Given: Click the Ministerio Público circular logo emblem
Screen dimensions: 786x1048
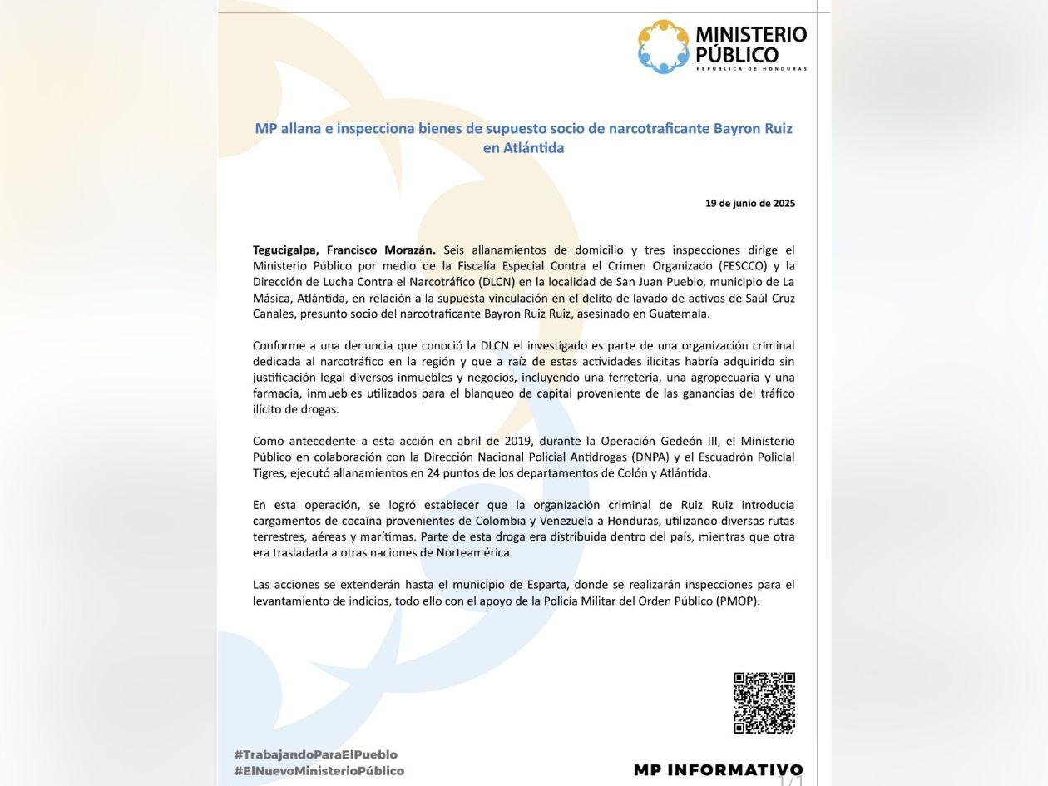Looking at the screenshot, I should [664, 47].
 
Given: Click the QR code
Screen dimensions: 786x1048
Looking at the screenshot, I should [764, 703].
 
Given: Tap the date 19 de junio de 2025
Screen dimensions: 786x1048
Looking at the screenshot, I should [749, 203].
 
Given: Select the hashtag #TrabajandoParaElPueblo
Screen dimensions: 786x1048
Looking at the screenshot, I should [315, 754].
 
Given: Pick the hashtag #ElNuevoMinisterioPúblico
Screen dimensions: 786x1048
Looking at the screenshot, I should [319, 771].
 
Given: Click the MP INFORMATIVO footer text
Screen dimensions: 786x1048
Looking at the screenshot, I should [718, 769].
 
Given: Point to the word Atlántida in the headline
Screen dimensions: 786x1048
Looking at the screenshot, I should [523, 148].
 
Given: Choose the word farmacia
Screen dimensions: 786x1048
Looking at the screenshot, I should [276, 393].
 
